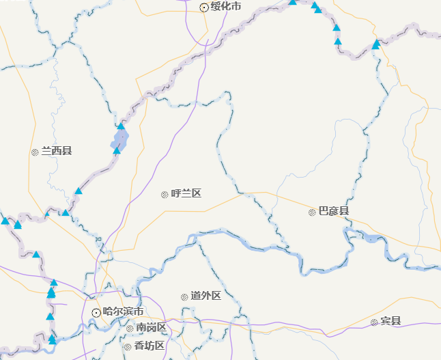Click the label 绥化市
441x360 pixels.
225,7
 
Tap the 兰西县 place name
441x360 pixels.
57,151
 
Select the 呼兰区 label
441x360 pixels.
186,194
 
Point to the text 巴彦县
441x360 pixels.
334,212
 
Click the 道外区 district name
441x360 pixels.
205,296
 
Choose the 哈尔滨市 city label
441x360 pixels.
123,311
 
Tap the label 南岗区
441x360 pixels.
151,328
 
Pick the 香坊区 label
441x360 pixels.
149,346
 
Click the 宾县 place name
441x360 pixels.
390,322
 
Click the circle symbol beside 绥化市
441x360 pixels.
204,8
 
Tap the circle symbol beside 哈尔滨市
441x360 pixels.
96,312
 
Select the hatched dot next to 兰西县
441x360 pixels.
35,152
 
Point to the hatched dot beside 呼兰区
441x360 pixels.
165,195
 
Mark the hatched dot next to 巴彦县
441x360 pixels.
312,212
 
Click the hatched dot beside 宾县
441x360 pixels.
374,322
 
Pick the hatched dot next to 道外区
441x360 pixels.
184,297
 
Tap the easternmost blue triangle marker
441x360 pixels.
375,44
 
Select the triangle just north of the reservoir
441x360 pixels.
121,126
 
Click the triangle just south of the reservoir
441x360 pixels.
117,151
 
